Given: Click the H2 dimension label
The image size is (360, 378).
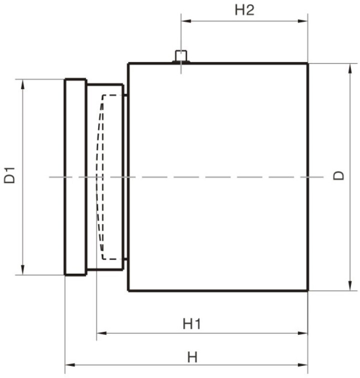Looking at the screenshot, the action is coord(244,10).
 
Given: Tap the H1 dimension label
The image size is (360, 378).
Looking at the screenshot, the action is coord(192,324).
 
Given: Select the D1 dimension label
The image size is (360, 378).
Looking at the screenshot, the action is coord(10,175).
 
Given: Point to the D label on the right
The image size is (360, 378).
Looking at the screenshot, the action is coord(338,175).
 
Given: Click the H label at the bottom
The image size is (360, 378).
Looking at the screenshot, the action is coord(192,357).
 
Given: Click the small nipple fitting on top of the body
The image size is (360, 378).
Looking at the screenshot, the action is coord(181,57).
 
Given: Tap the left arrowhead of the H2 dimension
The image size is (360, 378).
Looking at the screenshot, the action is coord(186,21).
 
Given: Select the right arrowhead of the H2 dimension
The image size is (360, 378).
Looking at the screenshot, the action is coord(303,21).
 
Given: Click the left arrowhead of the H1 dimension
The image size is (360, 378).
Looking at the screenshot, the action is coord(102,333).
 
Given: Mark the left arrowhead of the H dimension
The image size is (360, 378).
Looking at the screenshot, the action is coord(70,365).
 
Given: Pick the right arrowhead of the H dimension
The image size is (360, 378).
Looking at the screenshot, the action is coord(303,365).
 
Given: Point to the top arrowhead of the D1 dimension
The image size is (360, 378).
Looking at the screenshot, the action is coord(23,84).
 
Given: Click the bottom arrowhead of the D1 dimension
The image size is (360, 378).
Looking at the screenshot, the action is coord(23,270).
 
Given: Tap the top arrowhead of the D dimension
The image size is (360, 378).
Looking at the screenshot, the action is coord(350,69).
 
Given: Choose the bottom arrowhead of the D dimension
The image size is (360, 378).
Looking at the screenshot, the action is coord(350,285).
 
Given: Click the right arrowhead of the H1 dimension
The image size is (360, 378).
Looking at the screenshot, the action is coord(303,333).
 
